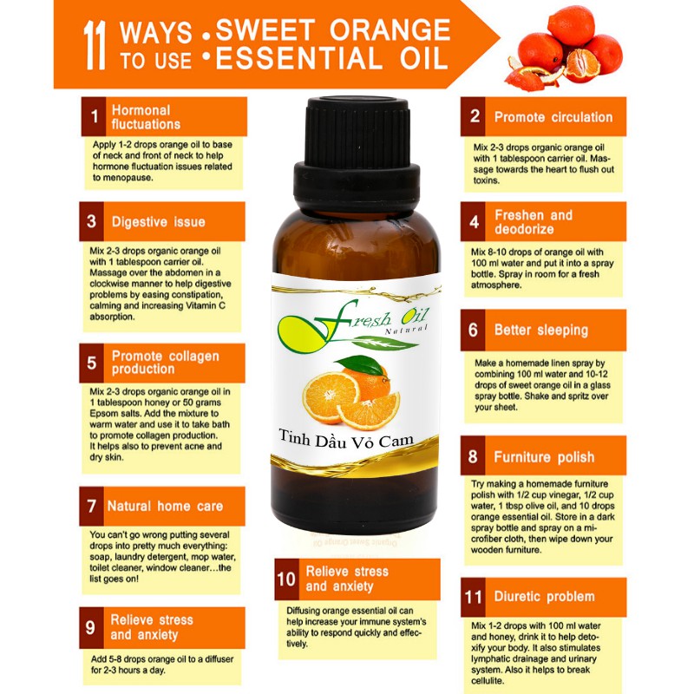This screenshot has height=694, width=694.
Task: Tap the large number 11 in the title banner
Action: (95, 46)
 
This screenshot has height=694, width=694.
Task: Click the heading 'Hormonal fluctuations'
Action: (146, 117)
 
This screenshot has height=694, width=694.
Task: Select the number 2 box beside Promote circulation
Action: (473, 116)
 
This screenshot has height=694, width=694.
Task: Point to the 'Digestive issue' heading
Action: (159, 222)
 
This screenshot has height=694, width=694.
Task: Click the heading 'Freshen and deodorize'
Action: (534, 222)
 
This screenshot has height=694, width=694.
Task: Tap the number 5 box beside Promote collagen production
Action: (92, 363)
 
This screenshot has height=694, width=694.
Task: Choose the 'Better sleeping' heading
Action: (541, 331)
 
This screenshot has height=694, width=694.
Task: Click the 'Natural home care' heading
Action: (165, 506)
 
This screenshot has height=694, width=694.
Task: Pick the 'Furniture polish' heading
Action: (544, 457)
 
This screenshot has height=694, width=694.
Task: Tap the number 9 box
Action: (91, 627)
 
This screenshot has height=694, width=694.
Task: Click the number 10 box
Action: (286, 579)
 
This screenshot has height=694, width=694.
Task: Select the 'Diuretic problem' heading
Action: (545, 597)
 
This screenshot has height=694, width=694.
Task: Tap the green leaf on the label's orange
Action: (362, 364)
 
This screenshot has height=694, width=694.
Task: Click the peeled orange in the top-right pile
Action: (581, 67)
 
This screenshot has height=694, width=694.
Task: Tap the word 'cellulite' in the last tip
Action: (487, 681)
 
